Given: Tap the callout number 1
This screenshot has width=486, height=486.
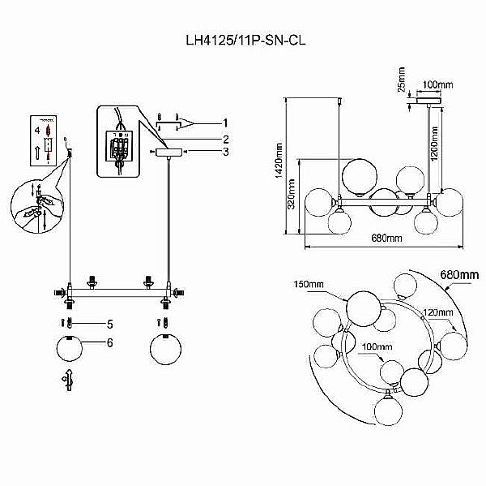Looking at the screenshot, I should tap(226, 123).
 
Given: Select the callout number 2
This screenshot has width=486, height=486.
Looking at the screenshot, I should tap(226, 139).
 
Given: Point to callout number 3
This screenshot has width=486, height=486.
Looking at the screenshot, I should tap(226, 151).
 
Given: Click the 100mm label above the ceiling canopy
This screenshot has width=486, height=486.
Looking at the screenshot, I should tap(437, 84).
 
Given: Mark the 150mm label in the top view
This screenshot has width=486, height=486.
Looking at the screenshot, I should tap(309, 284).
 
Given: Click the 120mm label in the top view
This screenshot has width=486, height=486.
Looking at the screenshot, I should tap(437, 311).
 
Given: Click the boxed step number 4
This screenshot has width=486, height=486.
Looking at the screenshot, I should tap(36, 129).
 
